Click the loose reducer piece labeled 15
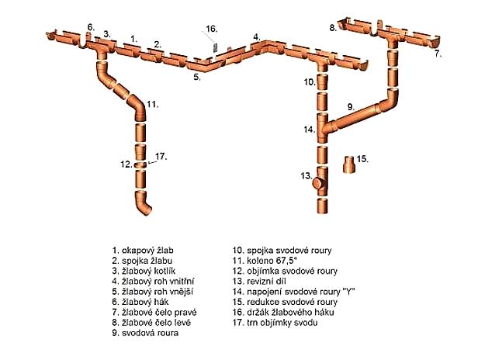click(352, 164)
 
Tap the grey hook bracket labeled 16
click(213, 47)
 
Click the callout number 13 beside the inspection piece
click(306, 176)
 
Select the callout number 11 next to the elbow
click(152, 102)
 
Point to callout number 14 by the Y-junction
click(308, 130)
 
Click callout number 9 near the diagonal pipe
click(351, 106)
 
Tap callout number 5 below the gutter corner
click(197, 78)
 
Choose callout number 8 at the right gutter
click(332, 27)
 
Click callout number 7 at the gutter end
click(438, 54)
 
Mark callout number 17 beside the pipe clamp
click(161, 157)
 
